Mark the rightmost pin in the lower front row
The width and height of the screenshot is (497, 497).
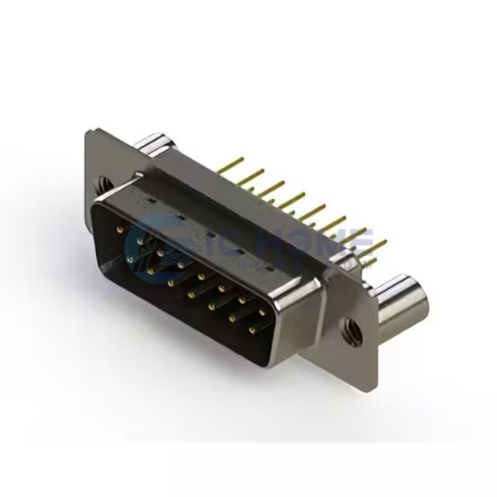coord(252,330)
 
